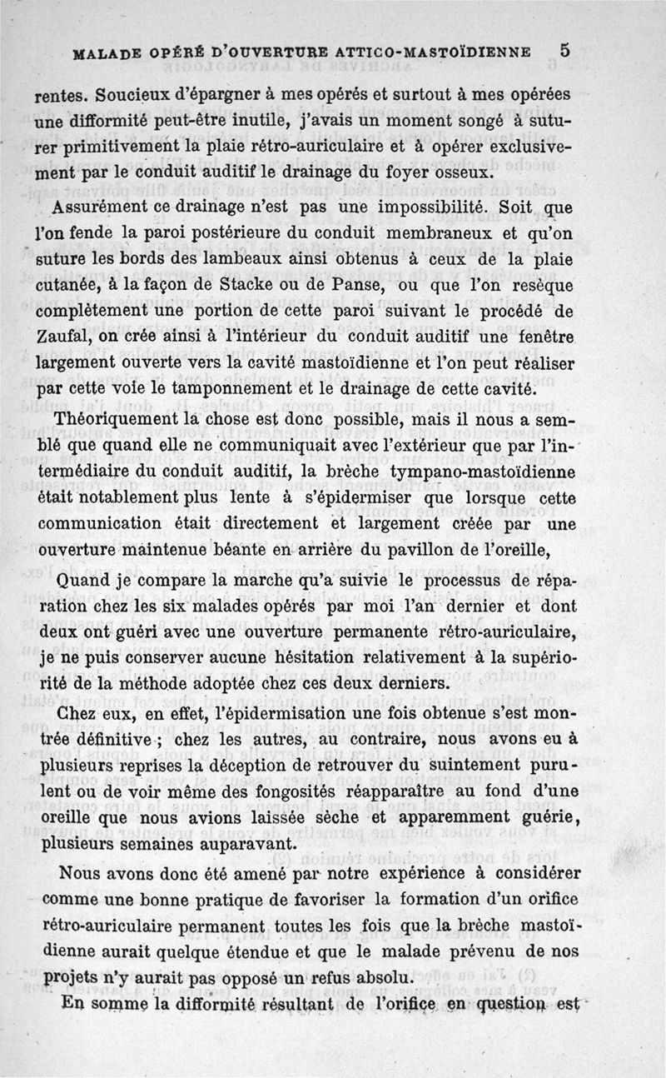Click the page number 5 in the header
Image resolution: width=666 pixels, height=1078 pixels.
pos(565,49)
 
